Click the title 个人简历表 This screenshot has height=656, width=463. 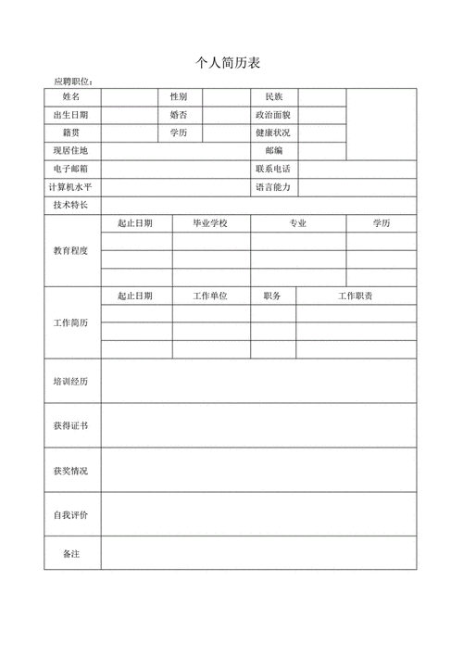tap(228, 63)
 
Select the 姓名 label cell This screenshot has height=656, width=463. tap(71, 97)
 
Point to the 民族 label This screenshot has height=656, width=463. tap(273, 97)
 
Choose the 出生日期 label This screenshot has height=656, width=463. tap(71, 115)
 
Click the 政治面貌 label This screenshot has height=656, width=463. tap(273, 115)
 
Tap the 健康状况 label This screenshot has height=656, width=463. tap(273, 132)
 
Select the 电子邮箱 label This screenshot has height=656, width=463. tap(71, 169)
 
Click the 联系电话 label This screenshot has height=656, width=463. tap(273, 169)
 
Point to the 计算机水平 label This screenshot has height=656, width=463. tap(71, 187)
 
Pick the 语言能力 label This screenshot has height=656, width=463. tap(273, 187)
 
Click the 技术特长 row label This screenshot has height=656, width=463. tap(71, 205)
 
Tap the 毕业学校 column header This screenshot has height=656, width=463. tap(210, 223)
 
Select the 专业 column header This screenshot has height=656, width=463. tap(298, 223)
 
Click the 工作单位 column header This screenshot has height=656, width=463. tap(210, 296)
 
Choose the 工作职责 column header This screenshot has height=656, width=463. tap(356, 296)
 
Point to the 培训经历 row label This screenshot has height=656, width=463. tap(71, 381)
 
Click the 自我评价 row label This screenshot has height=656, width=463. tap(71, 514)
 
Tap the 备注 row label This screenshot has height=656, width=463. tap(71, 553)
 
